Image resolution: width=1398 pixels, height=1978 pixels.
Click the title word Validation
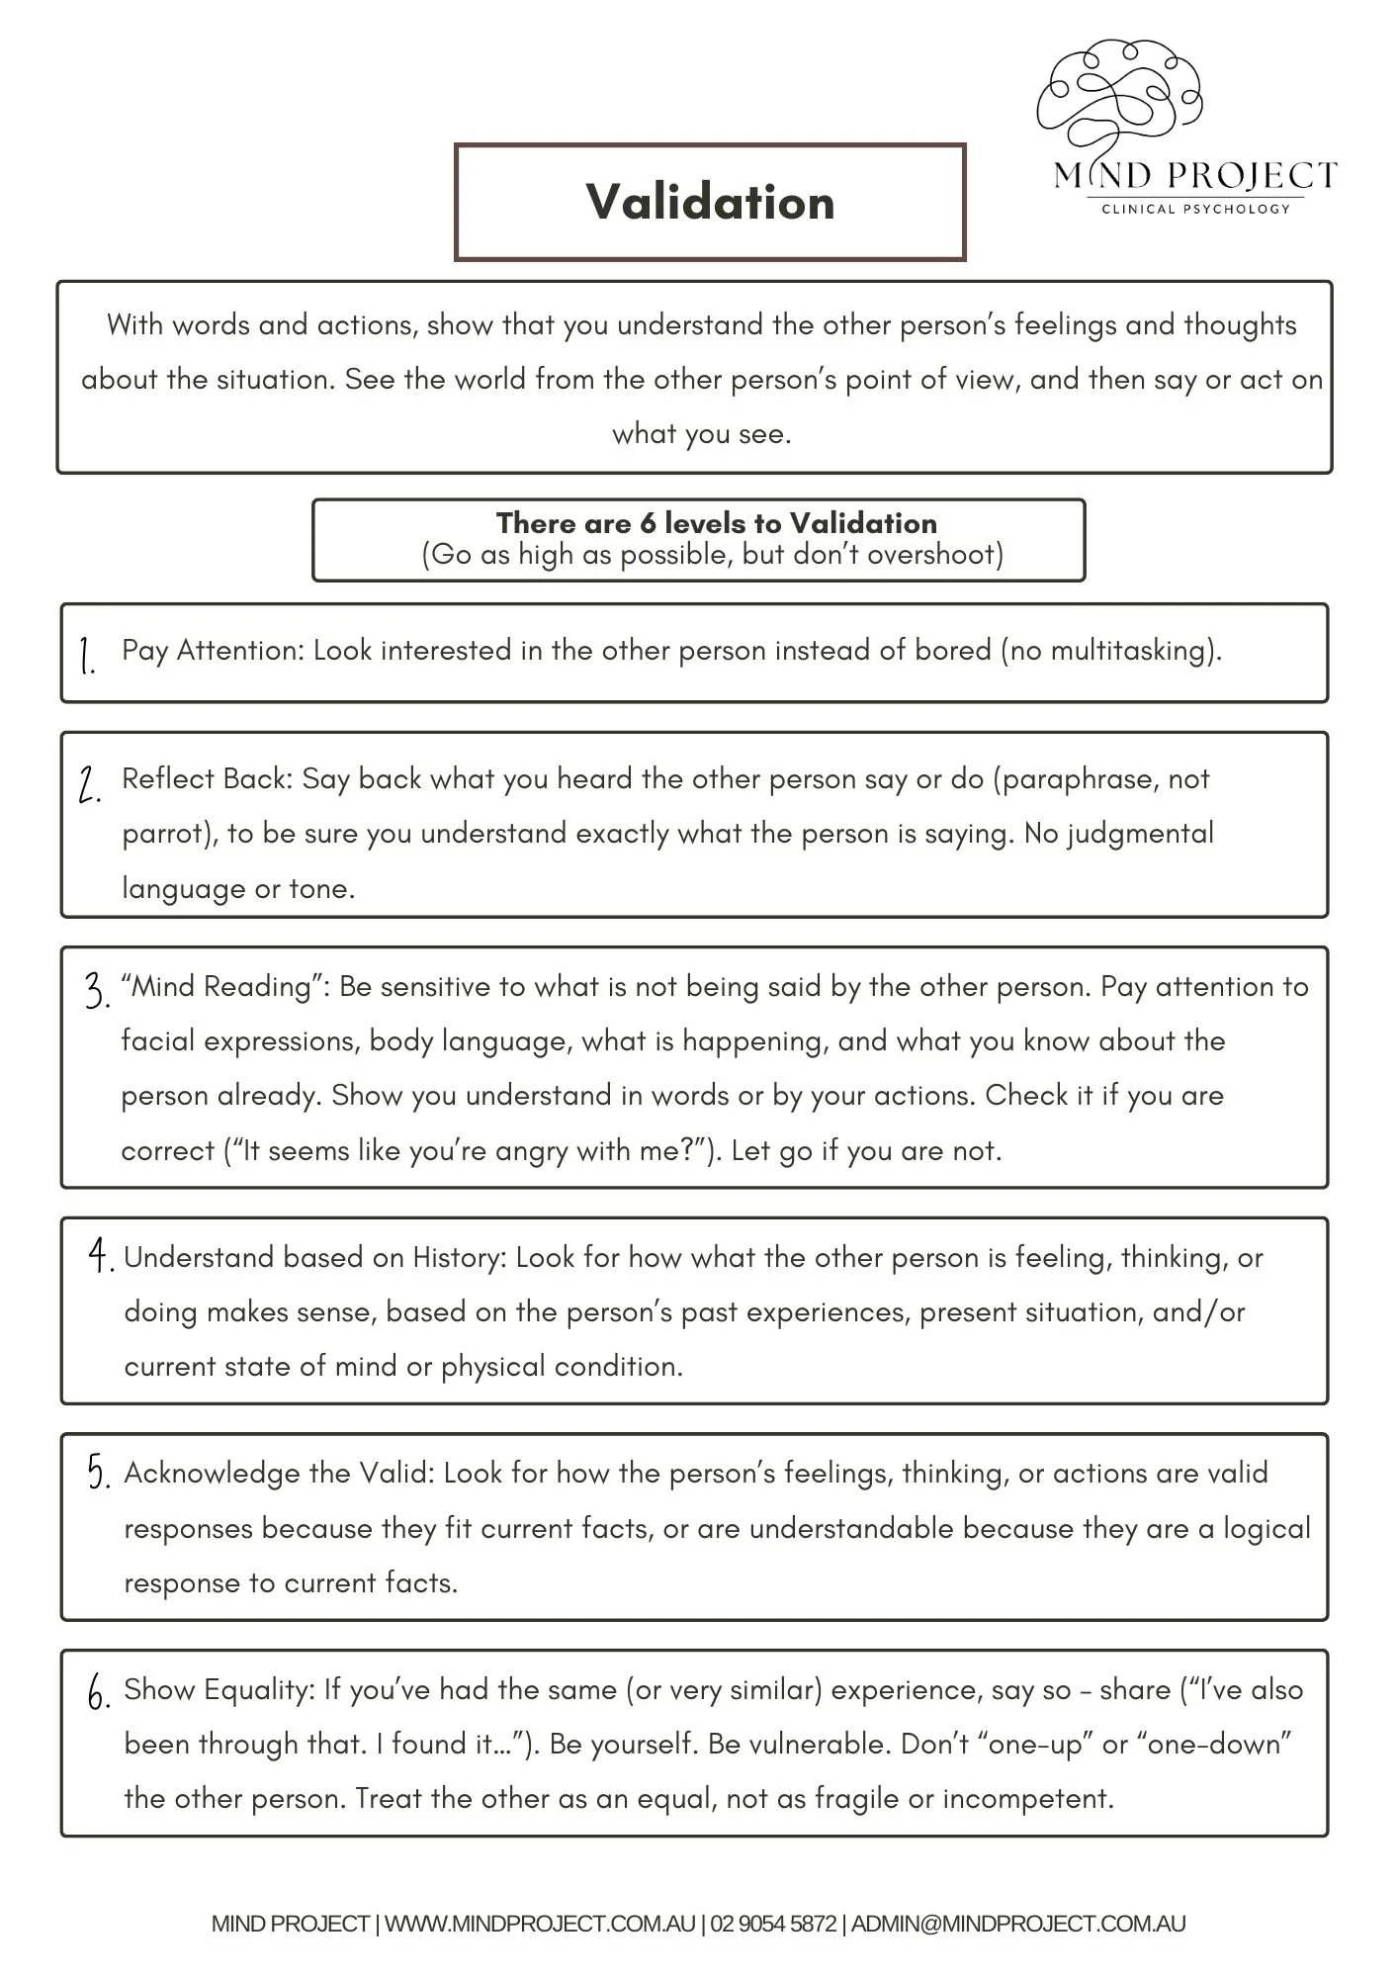[710, 202]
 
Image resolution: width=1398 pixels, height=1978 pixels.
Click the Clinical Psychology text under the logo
[1195, 209]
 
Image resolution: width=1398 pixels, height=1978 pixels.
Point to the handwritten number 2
[89, 786]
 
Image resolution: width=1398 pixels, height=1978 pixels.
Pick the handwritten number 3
[96, 991]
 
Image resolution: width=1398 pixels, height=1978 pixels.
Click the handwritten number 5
[98, 1474]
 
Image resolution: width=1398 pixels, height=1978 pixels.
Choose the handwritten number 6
[98, 1693]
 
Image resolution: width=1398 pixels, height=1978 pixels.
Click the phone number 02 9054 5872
[772, 1925]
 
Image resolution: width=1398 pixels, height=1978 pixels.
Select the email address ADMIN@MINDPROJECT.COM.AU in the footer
[1017, 1925]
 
